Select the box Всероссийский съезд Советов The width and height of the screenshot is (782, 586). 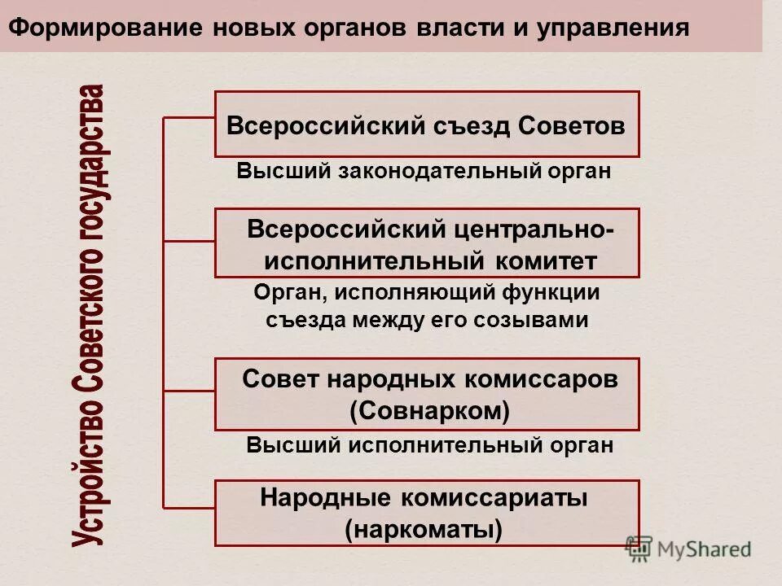pos(427,125)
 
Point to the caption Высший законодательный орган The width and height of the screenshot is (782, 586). pos(424,172)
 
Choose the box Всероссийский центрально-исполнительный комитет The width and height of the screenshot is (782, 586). pos(427,243)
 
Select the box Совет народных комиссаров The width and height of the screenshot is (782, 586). pos(427,395)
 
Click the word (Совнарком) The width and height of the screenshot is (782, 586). pos(429,411)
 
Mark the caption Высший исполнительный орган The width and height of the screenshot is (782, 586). pos(429,445)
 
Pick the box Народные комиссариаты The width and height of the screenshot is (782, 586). pos(427,513)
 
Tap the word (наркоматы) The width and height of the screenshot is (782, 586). pos(424,530)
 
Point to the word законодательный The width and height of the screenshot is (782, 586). pos(410,172)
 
